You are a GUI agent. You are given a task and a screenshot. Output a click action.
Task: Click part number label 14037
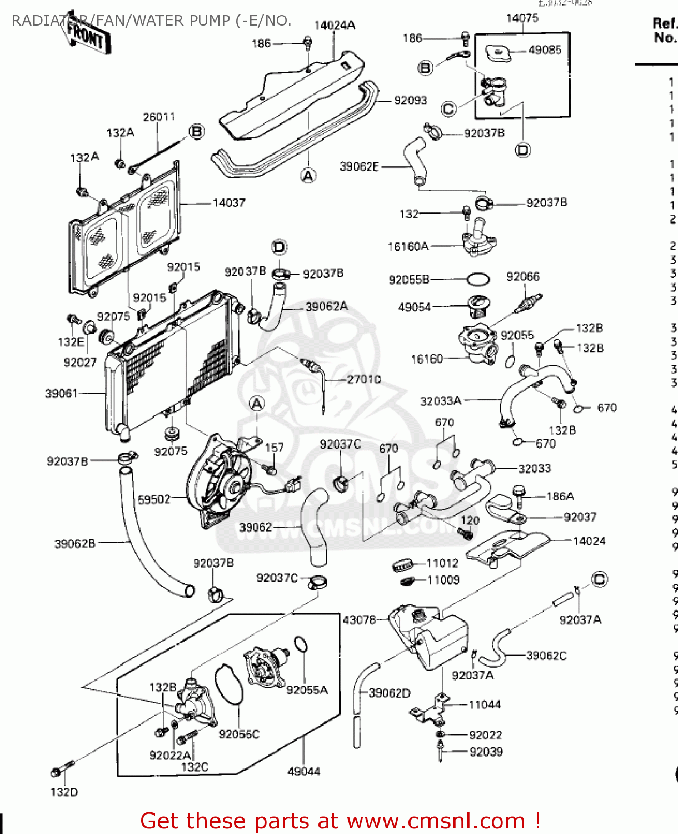click(228, 203)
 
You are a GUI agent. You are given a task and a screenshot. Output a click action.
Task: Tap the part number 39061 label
click(61, 394)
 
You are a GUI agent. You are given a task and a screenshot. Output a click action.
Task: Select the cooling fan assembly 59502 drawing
click(220, 481)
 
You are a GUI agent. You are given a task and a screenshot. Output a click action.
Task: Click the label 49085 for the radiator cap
click(545, 50)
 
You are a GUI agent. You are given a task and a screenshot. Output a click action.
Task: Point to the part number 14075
click(522, 18)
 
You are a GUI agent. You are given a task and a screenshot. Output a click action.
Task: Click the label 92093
click(410, 101)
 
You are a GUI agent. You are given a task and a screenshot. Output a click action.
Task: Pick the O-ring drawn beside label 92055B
click(478, 279)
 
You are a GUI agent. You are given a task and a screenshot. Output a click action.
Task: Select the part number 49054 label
click(414, 307)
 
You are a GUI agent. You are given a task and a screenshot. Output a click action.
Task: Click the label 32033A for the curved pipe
click(441, 401)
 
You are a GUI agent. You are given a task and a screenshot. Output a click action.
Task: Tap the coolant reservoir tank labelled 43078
click(431, 637)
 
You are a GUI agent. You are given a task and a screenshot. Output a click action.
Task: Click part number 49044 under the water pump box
click(303, 771)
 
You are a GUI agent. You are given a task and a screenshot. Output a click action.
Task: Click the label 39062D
click(390, 693)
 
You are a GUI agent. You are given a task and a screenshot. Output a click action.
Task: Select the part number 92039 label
click(486, 752)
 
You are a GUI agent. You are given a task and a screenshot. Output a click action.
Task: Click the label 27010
click(364, 379)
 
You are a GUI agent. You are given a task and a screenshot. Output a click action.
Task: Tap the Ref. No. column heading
click(665, 31)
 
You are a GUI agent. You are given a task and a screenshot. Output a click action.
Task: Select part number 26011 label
click(159, 117)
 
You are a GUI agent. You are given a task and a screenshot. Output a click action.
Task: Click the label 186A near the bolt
click(560, 496)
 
